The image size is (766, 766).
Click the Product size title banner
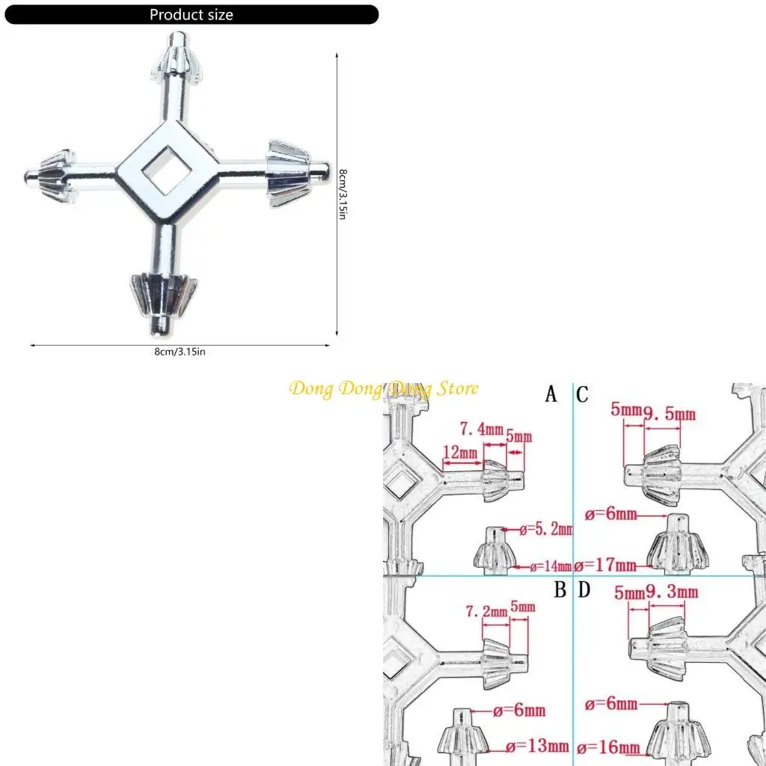click(191, 15)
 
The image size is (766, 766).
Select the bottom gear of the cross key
click(165, 292)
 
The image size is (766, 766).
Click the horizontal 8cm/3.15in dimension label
click(180, 352)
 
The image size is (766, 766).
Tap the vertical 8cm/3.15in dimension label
click(343, 194)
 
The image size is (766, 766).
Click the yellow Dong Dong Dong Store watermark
click(384, 388)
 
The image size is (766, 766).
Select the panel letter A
click(551, 394)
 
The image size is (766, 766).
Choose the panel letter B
click(560, 590)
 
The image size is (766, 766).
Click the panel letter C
click(583, 394)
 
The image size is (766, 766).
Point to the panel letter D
click(584, 590)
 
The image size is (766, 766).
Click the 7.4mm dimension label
click(481, 429)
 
